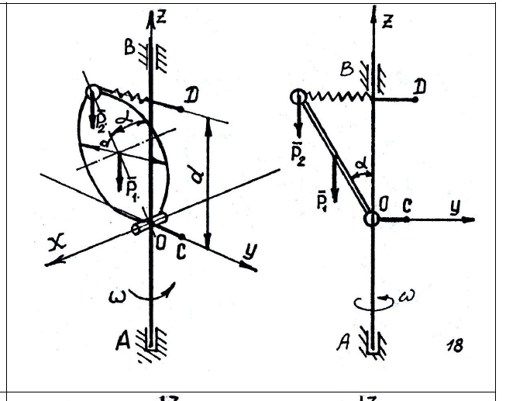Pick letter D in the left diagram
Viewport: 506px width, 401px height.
(185, 95)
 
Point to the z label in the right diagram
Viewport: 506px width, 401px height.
(387, 21)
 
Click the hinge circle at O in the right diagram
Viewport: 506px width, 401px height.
(372, 219)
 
